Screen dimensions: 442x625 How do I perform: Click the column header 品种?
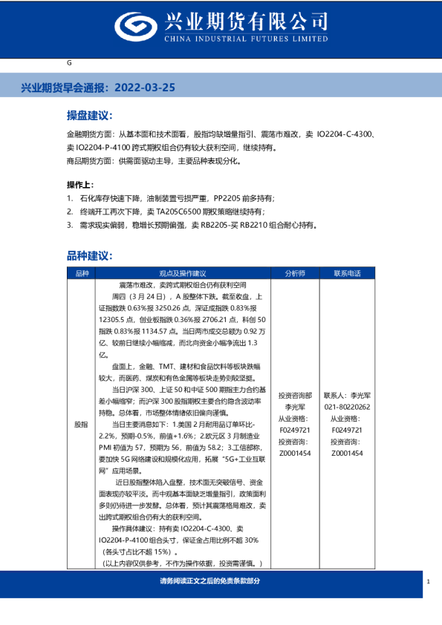81,273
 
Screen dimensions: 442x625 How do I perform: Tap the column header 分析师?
295,273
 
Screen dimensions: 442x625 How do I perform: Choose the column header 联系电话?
347,273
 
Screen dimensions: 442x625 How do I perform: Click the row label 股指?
81,424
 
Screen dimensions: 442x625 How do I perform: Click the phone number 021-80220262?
347,408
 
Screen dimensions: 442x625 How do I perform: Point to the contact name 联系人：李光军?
347,396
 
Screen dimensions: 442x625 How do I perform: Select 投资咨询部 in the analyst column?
295,396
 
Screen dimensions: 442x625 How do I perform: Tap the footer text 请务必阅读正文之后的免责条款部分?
210,580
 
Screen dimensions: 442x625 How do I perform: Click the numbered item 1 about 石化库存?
171,198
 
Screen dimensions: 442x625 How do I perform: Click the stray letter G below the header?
69,64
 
